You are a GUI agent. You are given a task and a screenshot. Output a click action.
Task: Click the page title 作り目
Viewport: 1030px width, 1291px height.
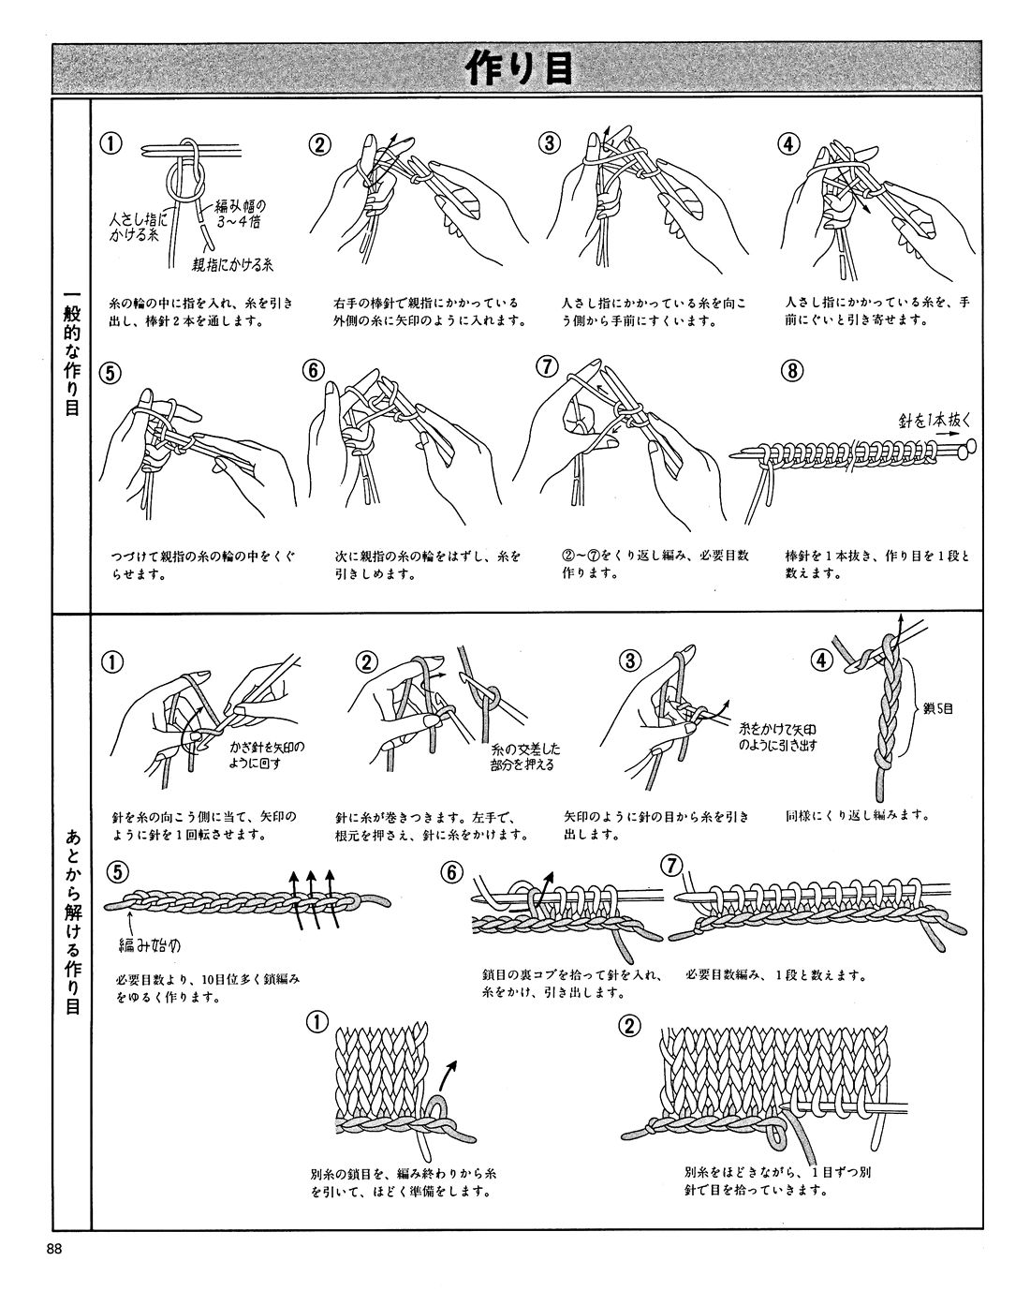517,68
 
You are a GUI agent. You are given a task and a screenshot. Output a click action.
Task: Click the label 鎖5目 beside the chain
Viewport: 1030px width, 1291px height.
935,709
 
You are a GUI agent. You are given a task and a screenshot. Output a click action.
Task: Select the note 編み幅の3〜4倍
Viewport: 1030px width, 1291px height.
241,213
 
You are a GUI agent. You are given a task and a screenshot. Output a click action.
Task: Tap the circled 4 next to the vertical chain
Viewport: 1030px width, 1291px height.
821,660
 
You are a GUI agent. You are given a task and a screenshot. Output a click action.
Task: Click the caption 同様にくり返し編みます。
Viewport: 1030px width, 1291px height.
858,816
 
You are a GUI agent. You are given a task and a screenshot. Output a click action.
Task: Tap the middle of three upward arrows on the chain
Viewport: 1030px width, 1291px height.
312,899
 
